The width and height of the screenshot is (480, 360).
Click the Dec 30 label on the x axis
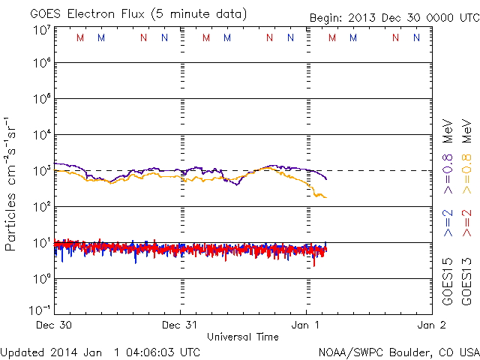[x=55, y=325]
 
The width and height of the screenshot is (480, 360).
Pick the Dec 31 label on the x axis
[x=180, y=325]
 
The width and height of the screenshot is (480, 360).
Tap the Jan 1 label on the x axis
[x=305, y=325]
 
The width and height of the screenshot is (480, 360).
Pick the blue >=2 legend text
[x=447, y=224]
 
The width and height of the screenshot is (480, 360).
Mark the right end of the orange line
[x=325, y=197]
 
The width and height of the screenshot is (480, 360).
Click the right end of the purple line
[x=326, y=178]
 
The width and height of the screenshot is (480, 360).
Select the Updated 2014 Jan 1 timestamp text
[x=100, y=351]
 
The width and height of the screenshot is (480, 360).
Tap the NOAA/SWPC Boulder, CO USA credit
[x=397, y=351]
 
